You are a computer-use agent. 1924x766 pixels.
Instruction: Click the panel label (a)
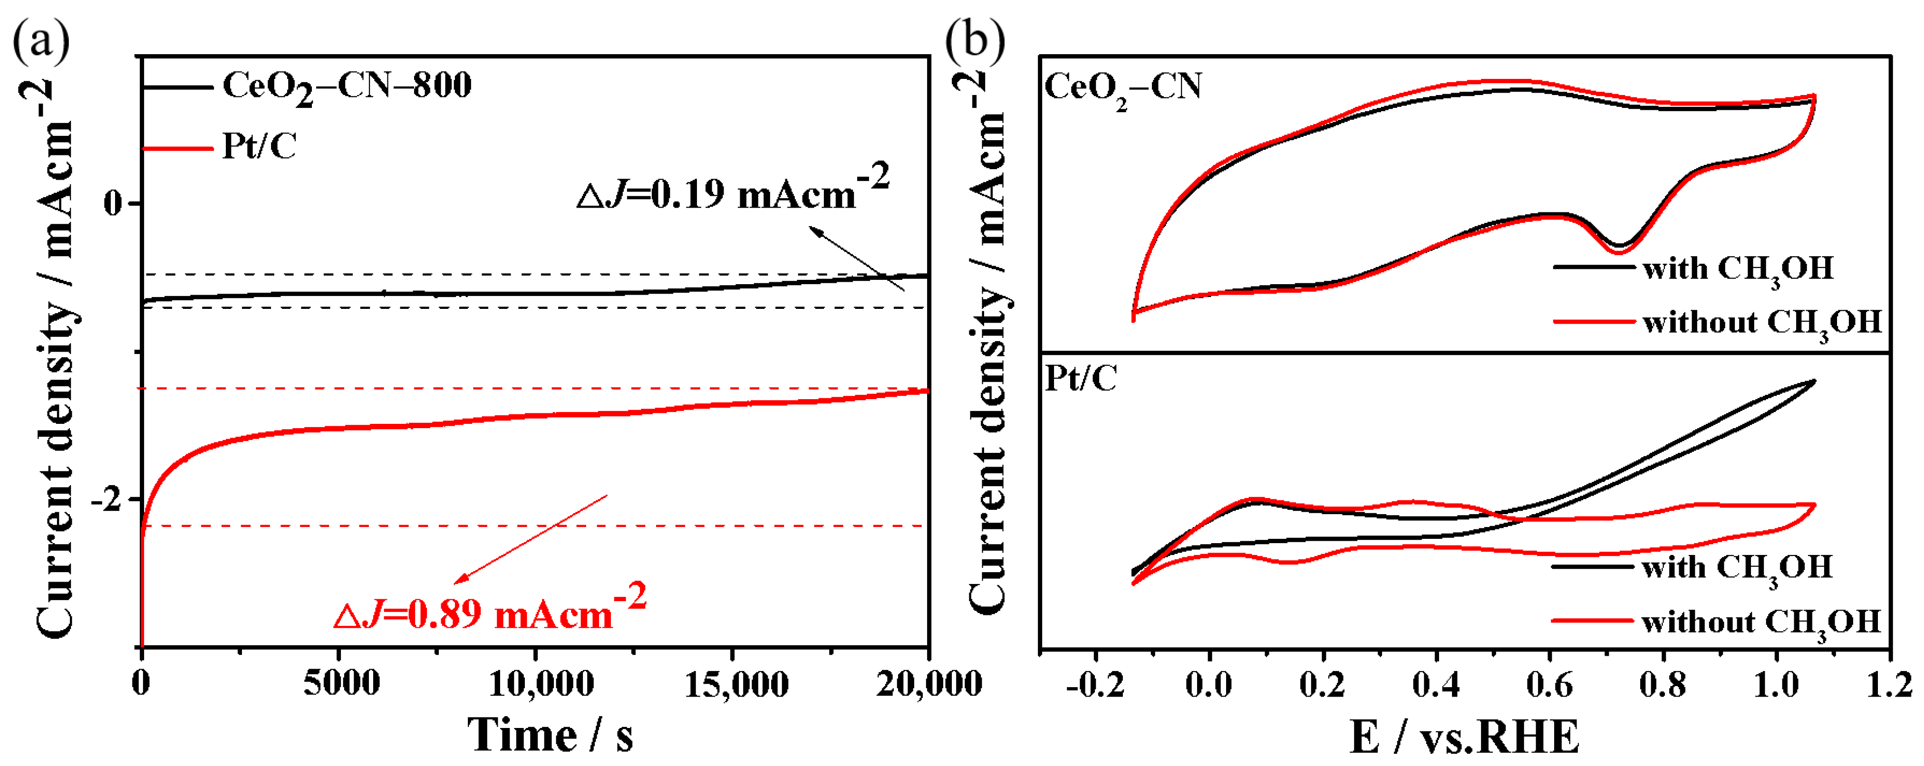[x=41, y=41]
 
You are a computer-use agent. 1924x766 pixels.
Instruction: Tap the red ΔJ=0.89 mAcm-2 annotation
[x=489, y=611]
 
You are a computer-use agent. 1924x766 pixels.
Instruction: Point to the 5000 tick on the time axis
[x=341, y=683]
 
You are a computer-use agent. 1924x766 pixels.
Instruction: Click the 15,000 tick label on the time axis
[x=735, y=683]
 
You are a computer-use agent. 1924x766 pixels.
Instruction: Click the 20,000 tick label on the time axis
[x=928, y=683]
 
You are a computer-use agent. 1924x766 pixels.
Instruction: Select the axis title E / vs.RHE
[x=1464, y=737]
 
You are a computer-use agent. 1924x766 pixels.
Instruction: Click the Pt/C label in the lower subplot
[x=1080, y=379]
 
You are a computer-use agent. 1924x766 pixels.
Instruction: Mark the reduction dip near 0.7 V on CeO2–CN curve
[x=1618, y=248]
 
